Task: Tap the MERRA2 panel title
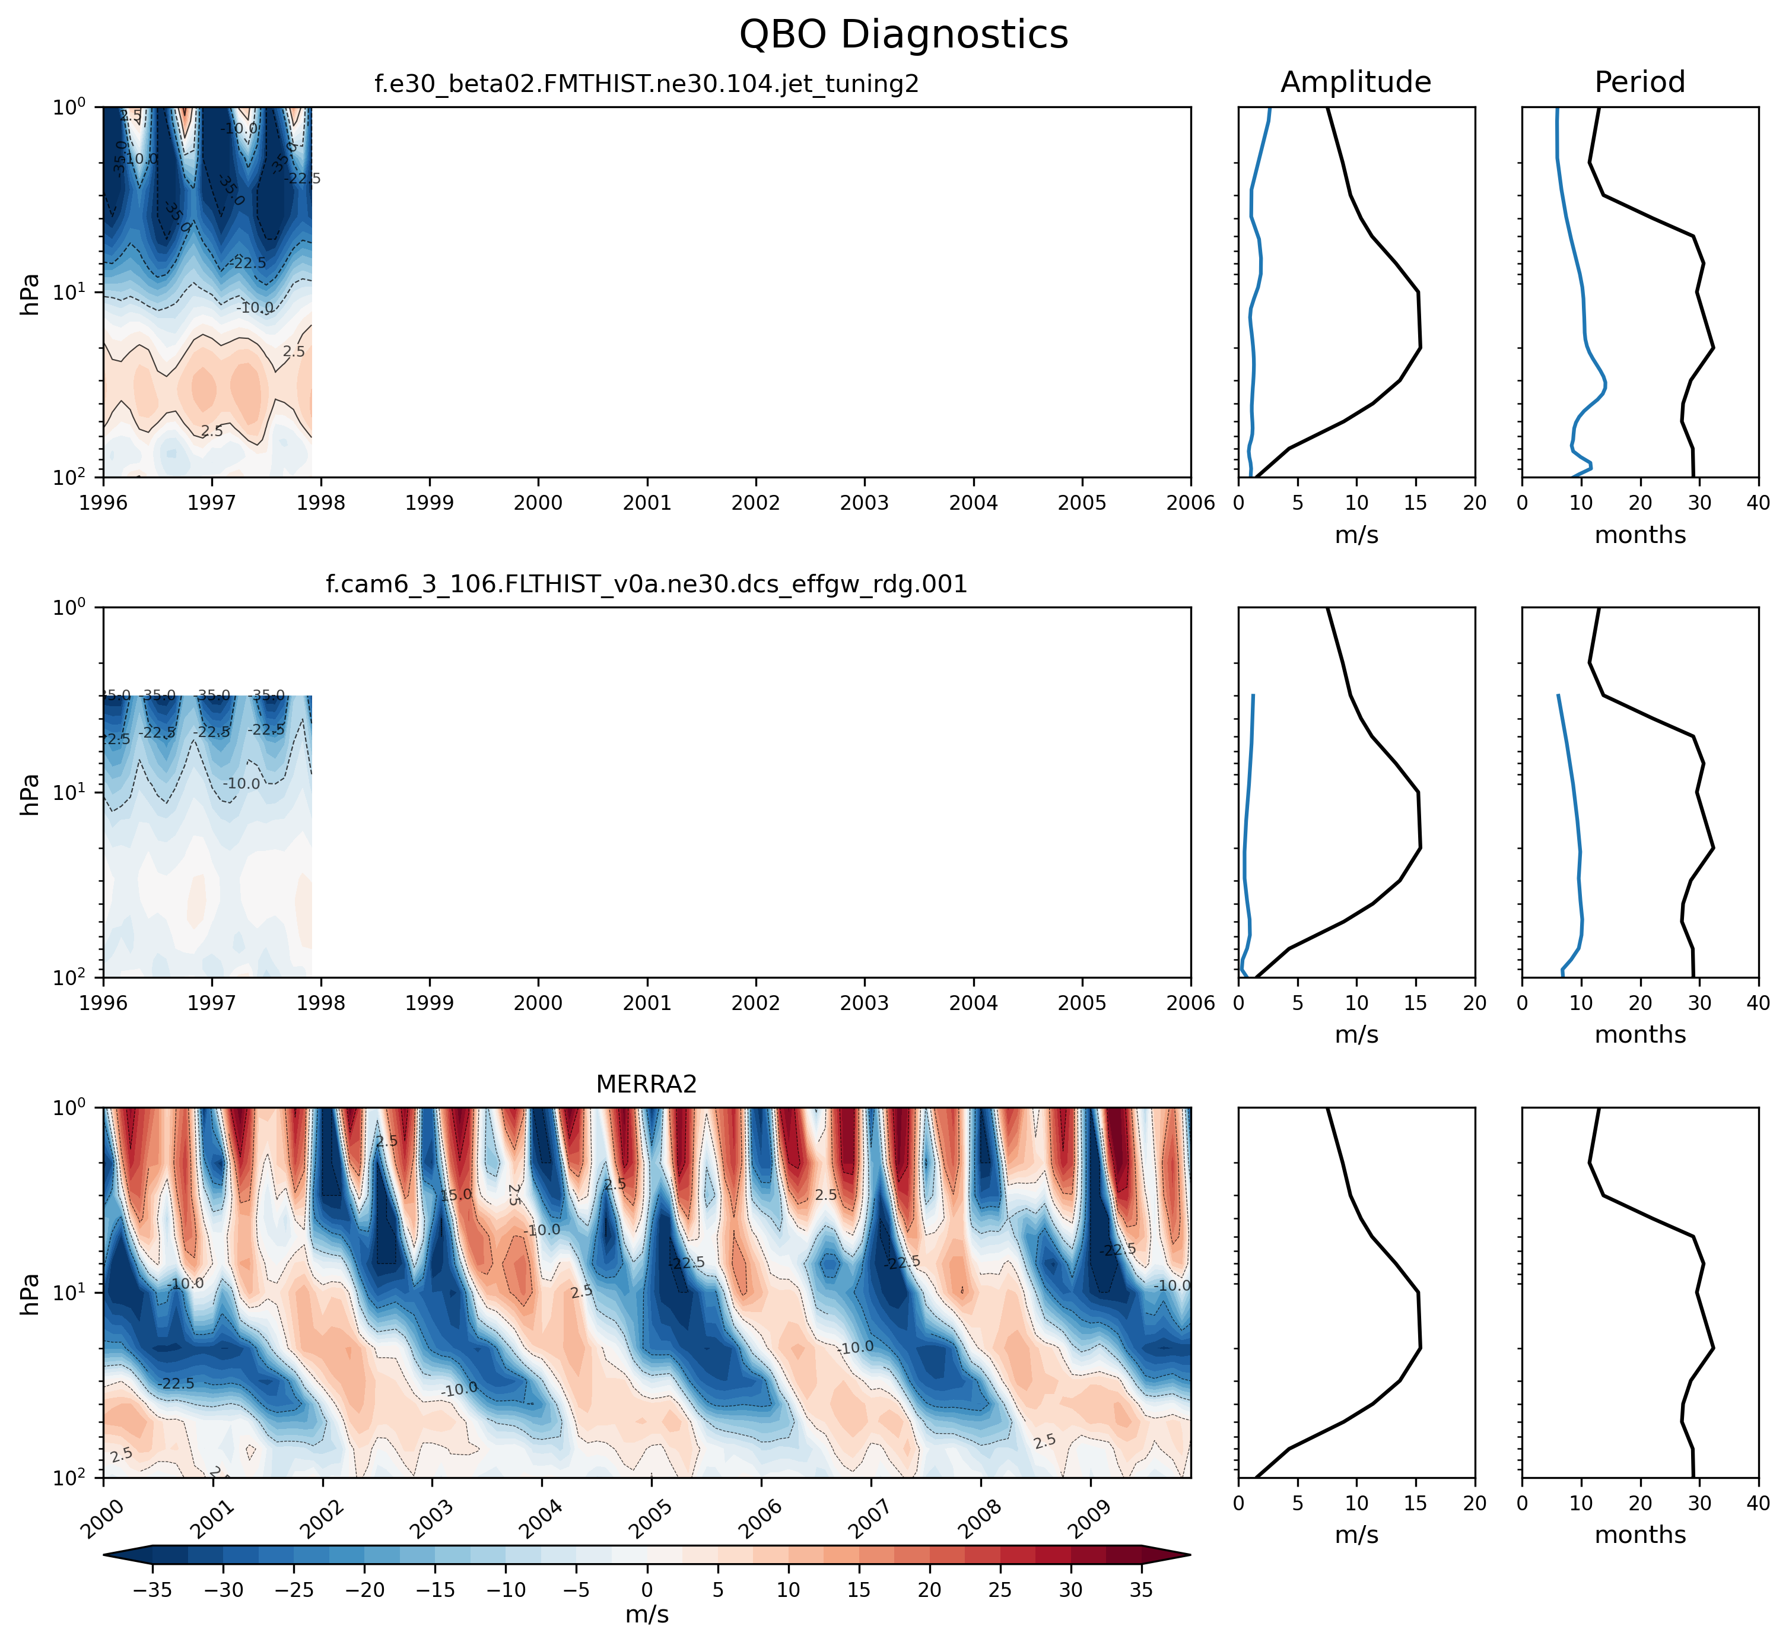646,1084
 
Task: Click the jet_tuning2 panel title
646,84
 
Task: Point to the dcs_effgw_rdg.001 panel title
646,585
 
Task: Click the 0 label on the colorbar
647,1590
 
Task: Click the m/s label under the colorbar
647,1615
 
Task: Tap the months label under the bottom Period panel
1639,1535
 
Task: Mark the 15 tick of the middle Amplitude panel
1415,1003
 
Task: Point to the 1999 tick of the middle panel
430,1003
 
